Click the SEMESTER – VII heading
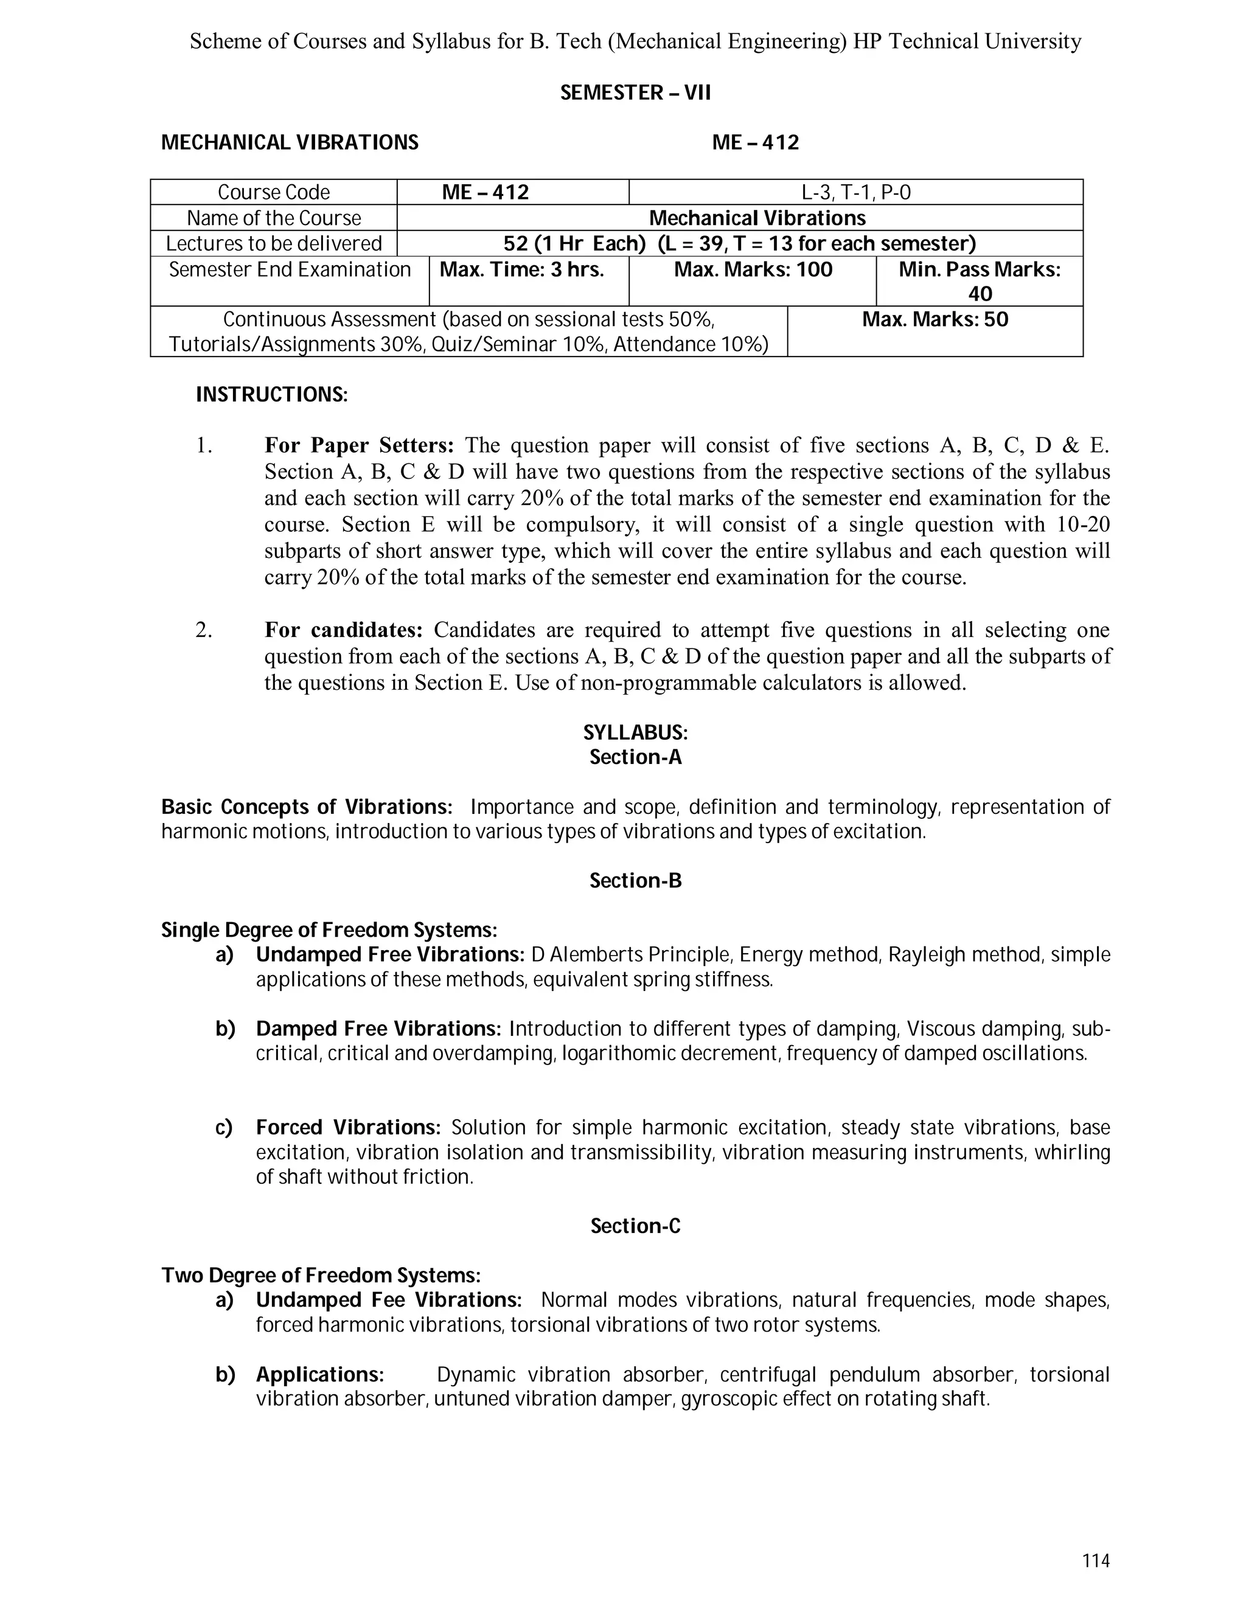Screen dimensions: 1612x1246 [x=635, y=93]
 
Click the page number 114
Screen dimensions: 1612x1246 [x=1095, y=1560]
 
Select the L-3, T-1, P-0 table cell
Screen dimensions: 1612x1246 [x=855, y=193]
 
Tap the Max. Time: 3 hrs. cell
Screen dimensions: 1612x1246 [x=522, y=270]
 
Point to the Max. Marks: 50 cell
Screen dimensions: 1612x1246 [x=934, y=321]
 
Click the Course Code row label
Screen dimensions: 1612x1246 [x=273, y=193]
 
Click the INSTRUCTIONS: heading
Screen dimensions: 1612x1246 [x=271, y=395]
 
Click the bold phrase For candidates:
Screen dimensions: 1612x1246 [x=343, y=630]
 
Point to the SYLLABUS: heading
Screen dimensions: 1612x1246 [x=635, y=733]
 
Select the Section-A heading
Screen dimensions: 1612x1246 [x=635, y=757]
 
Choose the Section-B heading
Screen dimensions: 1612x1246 [x=635, y=881]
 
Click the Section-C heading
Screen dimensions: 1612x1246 [x=635, y=1226]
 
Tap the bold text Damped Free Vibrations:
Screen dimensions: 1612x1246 [x=378, y=1029]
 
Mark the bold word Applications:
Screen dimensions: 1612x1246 [x=319, y=1374]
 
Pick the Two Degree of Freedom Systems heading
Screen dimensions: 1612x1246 [x=321, y=1276]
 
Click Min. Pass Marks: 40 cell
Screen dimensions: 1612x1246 [x=979, y=281]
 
